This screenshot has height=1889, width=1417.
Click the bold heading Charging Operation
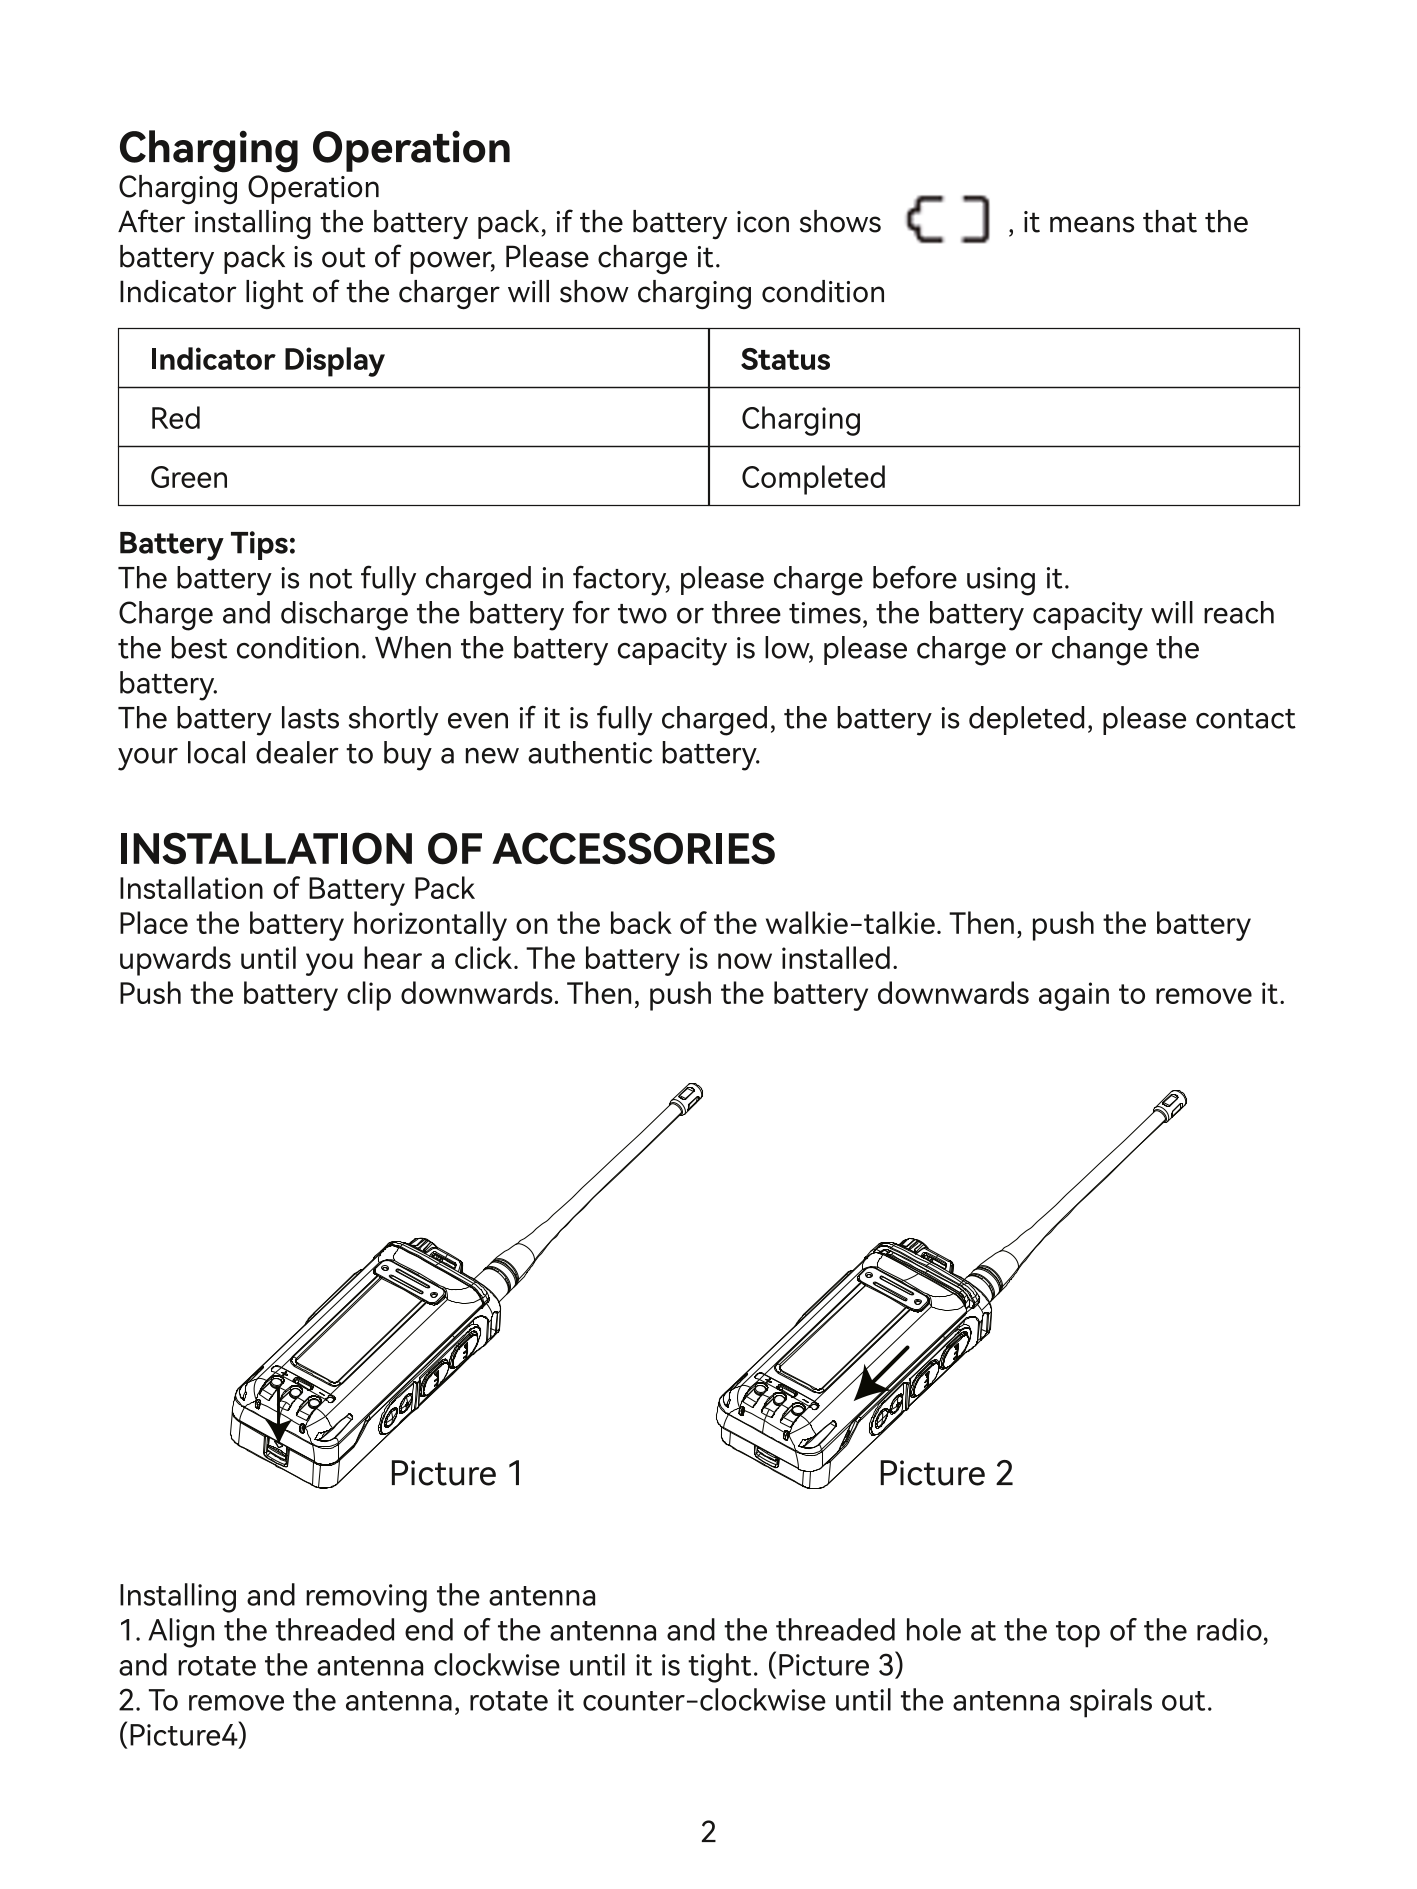click(x=314, y=148)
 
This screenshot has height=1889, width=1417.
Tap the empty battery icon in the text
click(x=946, y=221)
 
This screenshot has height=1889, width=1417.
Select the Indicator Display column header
click(x=267, y=360)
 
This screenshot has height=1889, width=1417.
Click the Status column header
click(x=785, y=360)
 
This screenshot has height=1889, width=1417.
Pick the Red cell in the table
click(x=175, y=418)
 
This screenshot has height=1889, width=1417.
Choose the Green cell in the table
click(x=189, y=478)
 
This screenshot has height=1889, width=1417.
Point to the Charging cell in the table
click(x=800, y=418)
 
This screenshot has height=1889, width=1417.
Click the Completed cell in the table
click(x=813, y=478)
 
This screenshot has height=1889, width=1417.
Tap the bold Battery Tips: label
click(x=207, y=544)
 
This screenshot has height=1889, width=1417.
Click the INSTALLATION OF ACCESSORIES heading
click(x=446, y=849)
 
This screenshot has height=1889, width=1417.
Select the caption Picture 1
click(x=456, y=1473)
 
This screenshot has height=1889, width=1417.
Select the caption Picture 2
click(x=945, y=1473)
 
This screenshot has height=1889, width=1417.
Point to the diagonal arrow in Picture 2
click(x=883, y=1373)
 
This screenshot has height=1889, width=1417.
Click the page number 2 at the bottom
click(x=708, y=1832)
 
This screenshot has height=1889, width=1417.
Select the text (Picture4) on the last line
click(x=182, y=1735)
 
